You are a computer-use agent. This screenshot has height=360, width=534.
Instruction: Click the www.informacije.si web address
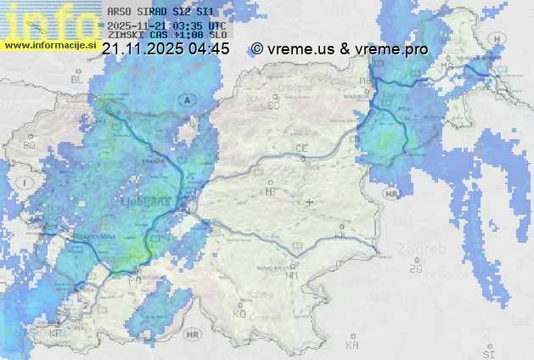tap(49, 45)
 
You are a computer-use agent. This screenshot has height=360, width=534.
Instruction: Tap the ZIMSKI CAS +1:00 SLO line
tap(167, 36)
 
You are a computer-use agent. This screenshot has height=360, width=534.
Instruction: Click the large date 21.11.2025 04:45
tap(165, 49)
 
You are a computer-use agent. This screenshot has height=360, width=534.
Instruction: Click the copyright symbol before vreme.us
tap(257, 49)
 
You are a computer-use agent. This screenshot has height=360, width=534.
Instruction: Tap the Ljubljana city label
tap(160, 205)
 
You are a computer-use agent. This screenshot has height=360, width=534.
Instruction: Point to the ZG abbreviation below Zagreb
tap(415, 269)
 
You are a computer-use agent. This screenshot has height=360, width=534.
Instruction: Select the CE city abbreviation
tap(301, 149)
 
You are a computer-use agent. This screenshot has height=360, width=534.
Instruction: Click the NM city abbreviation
tap(293, 275)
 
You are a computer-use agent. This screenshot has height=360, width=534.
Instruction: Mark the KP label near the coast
tap(56, 334)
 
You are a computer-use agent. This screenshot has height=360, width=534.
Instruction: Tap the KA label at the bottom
tap(352, 346)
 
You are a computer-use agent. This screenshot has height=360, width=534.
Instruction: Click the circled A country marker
tap(186, 100)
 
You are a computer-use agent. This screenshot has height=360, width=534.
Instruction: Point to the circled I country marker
tap(26, 183)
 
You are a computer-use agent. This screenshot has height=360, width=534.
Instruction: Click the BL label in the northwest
tap(78, 79)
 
